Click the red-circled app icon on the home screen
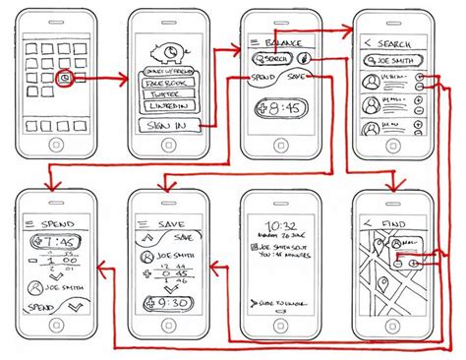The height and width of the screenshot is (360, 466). pos(64,76)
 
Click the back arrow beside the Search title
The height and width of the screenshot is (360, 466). pos(367,42)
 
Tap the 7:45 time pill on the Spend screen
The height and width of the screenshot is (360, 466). pos(55,241)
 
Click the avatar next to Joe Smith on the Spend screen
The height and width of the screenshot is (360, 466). pos(36,287)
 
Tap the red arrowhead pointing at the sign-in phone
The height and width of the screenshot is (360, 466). pos(127,76)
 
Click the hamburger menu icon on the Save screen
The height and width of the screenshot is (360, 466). pos(141,222)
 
